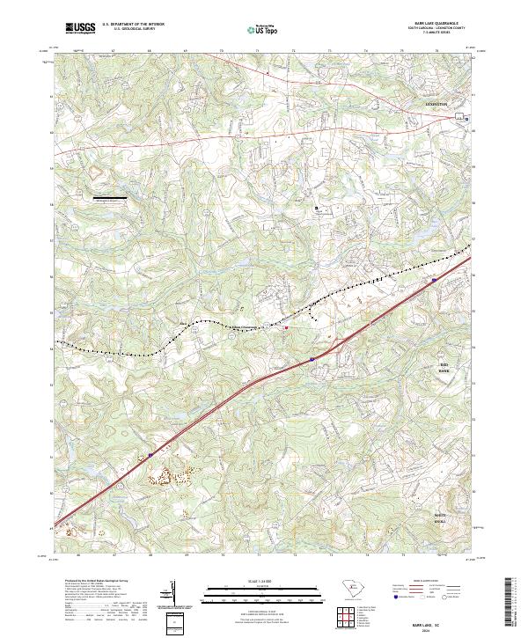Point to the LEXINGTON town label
436,104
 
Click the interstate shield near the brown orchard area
150,455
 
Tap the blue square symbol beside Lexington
467,119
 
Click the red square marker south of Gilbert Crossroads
285,330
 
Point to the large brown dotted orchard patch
176,476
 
